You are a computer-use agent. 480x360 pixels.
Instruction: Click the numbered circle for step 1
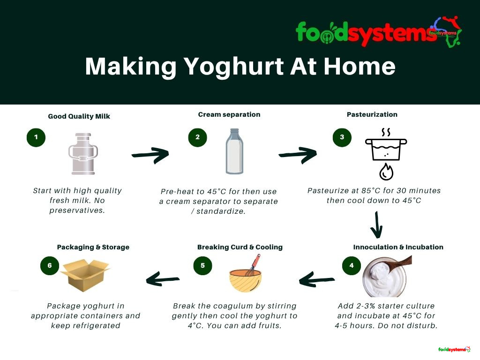[36, 137]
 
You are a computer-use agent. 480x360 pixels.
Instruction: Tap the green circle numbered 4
[352, 265]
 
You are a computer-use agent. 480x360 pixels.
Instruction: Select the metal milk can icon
[83, 154]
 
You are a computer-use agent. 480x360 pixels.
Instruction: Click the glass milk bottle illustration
[234, 151]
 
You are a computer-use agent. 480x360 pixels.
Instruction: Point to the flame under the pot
[386, 172]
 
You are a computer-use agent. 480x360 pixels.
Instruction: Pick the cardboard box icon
[85, 275]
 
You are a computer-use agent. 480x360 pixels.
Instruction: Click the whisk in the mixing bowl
[253, 266]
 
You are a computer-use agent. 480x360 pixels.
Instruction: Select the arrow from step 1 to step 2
[150, 155]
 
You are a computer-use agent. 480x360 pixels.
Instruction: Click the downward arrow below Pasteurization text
[377, 225]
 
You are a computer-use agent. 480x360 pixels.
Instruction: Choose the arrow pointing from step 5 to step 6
[163, 279]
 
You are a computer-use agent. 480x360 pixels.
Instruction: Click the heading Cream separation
[229, 114]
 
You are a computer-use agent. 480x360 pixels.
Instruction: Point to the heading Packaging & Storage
[93, 247]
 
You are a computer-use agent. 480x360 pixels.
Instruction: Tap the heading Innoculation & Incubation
[398, 247]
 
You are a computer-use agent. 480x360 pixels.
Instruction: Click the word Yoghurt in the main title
[234, 67]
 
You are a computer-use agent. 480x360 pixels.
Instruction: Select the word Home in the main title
[360, 67]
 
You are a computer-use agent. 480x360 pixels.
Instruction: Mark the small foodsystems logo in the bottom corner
[454, 349]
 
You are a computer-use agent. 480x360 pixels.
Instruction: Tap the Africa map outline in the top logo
[449, 32]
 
